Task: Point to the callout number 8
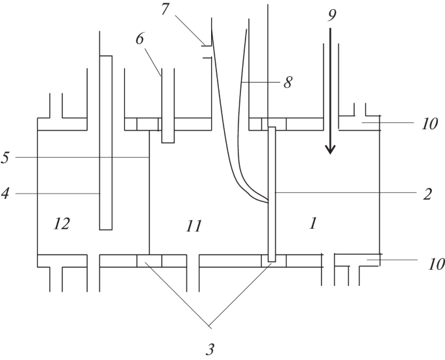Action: (x=287, y=83)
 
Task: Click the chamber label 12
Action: (x=62, y=224)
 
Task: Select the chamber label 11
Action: (x=193, y=226)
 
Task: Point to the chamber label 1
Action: (x=312, y=224)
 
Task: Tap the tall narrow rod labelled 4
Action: (x=105, y=143)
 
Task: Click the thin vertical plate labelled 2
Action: (x=272, y=195)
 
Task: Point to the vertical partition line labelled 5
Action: (x=149, y=195)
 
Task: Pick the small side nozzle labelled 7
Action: (x=207, y=51)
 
